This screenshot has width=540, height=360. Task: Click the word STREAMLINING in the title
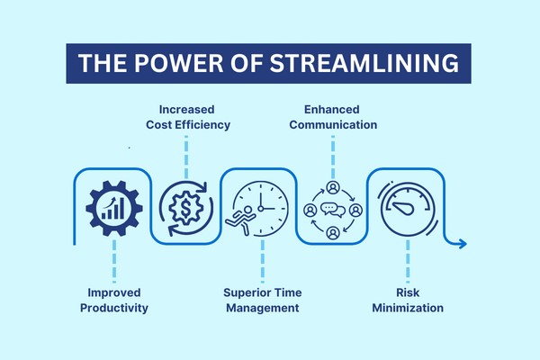364,63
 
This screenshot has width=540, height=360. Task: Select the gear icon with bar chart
114,208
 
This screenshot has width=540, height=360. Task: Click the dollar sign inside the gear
185,208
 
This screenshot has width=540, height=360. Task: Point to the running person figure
240,220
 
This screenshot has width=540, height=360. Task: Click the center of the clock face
261,209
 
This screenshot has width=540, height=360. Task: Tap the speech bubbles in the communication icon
333,210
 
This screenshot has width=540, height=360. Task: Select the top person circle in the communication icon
333,187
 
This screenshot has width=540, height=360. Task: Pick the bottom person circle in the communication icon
333,233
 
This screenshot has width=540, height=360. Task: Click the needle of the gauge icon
403,208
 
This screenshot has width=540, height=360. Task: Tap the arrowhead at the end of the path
463,244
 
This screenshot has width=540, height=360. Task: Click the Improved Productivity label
114,300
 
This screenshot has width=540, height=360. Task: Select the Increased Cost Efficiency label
188,117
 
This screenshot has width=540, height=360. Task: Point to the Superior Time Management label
263,300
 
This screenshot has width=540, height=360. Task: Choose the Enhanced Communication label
333,117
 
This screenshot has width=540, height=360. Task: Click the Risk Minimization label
408,300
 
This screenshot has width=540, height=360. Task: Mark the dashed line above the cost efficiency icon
186,157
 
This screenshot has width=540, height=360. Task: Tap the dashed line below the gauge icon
408,262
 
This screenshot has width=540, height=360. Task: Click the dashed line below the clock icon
263,262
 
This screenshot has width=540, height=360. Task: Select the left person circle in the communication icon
310,210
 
